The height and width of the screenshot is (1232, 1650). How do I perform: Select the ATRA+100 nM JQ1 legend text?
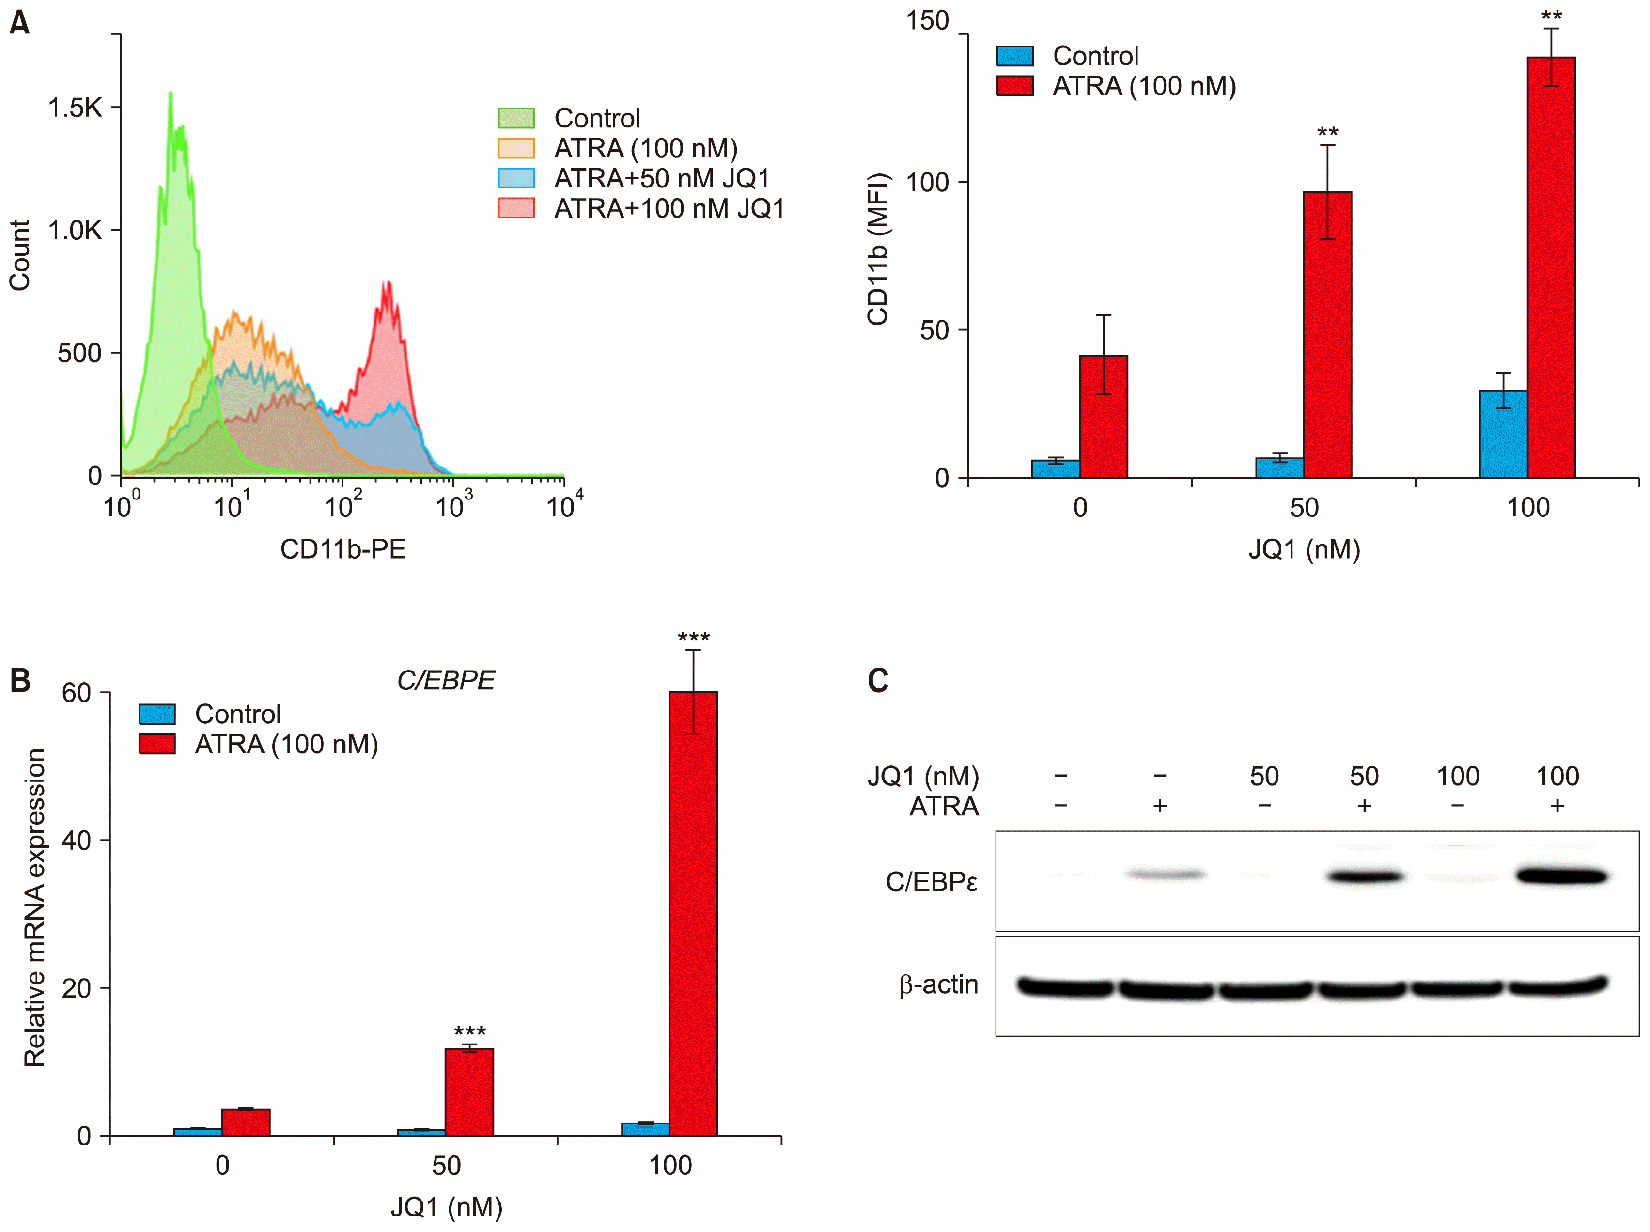(669, 209)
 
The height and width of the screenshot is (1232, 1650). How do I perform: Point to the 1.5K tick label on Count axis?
(75, 108)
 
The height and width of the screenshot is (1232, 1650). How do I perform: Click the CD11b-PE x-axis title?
(343, 549)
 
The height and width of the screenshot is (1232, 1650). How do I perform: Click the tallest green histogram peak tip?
(171, 94)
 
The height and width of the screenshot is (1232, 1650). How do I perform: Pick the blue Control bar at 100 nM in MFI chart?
(1503, 434)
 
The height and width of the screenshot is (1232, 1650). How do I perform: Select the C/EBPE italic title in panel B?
(446, 681)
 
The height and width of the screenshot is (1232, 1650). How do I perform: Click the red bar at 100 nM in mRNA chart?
(693, 914)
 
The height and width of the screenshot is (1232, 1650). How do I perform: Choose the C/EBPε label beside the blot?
(931, 882)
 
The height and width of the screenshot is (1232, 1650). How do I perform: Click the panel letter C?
(878, 681)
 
